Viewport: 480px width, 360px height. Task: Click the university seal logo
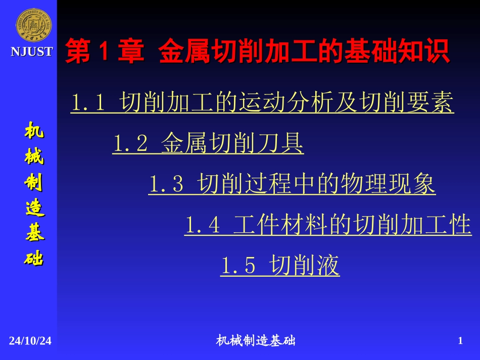[32, 25]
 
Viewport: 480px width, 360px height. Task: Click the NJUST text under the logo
[32, 52]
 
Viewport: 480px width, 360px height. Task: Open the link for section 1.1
[262, 103]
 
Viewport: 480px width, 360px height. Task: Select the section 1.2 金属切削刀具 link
[208, 144]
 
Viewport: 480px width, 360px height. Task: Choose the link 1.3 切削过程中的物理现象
[292, 184]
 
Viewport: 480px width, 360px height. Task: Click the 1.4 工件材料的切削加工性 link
[327, 225]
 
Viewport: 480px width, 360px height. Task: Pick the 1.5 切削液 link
[280, 265]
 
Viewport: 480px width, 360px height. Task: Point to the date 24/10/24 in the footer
[30, 341]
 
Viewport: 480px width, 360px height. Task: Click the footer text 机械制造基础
[256, 341]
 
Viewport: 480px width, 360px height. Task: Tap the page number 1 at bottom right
[460, 341]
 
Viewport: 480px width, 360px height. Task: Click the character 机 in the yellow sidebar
[34, 131]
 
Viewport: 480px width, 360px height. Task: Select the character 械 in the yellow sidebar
[34, 157]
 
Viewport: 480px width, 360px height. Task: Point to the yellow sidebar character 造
[34, 209]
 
